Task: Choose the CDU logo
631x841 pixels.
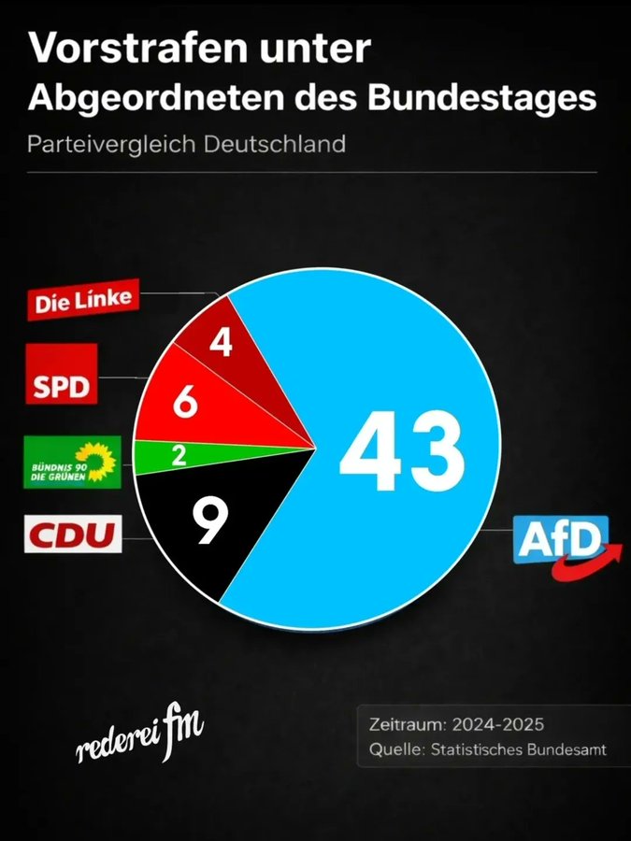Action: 72,536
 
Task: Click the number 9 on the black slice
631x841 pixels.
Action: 210,521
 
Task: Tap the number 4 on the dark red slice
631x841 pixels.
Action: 221,342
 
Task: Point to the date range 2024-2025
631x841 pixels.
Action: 496,724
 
